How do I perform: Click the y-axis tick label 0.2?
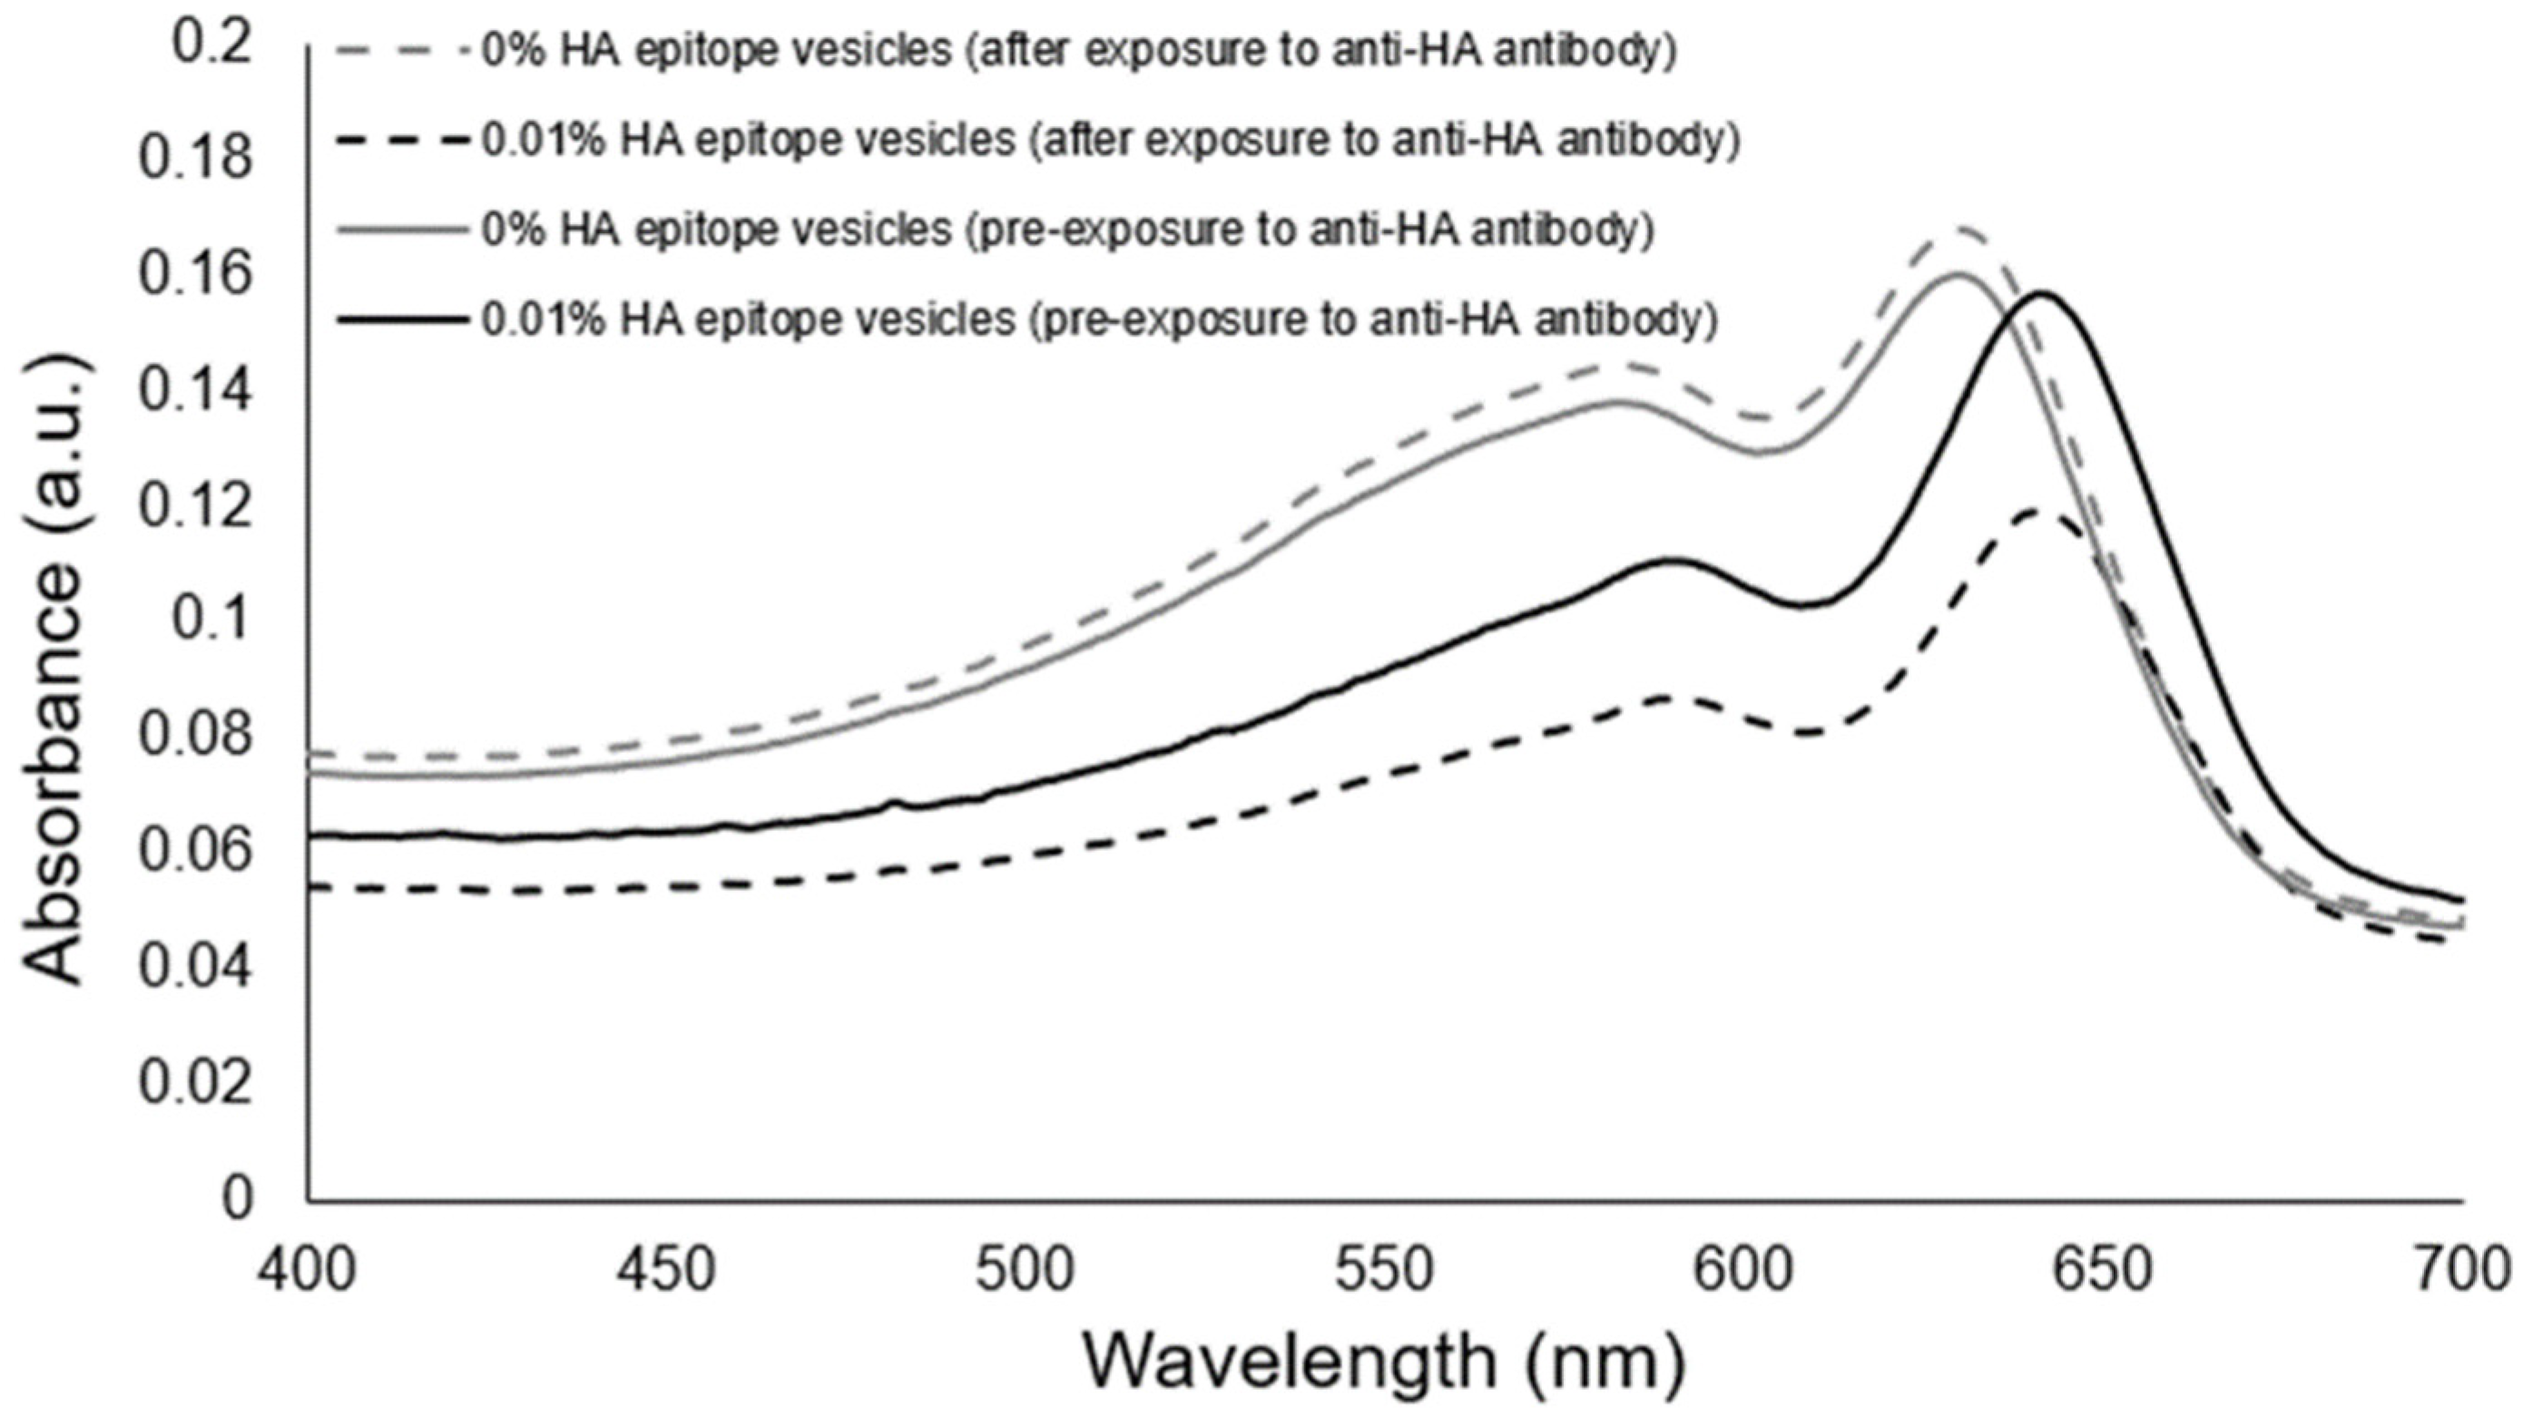pyautogui.click(x=211, y=45)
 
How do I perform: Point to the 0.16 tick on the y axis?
pyautogui.click(x=194, y=275)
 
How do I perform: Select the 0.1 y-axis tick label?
pyautogui.click(x=211, y=621)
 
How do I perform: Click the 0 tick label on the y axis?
pyautogui.click(x=236, y=1197)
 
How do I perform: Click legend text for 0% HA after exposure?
pyautogui.click(x=1077, y=51)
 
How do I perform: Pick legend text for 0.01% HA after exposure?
pyautogui.click(x=1110, y=141)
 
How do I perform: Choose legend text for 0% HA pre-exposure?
pyautogui.click(x=1067, y=231)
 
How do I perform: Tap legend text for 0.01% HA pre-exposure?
pyautogui.click(x=1099, y=320)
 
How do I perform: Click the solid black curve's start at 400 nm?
pyautogui.click(x=311, y=836)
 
